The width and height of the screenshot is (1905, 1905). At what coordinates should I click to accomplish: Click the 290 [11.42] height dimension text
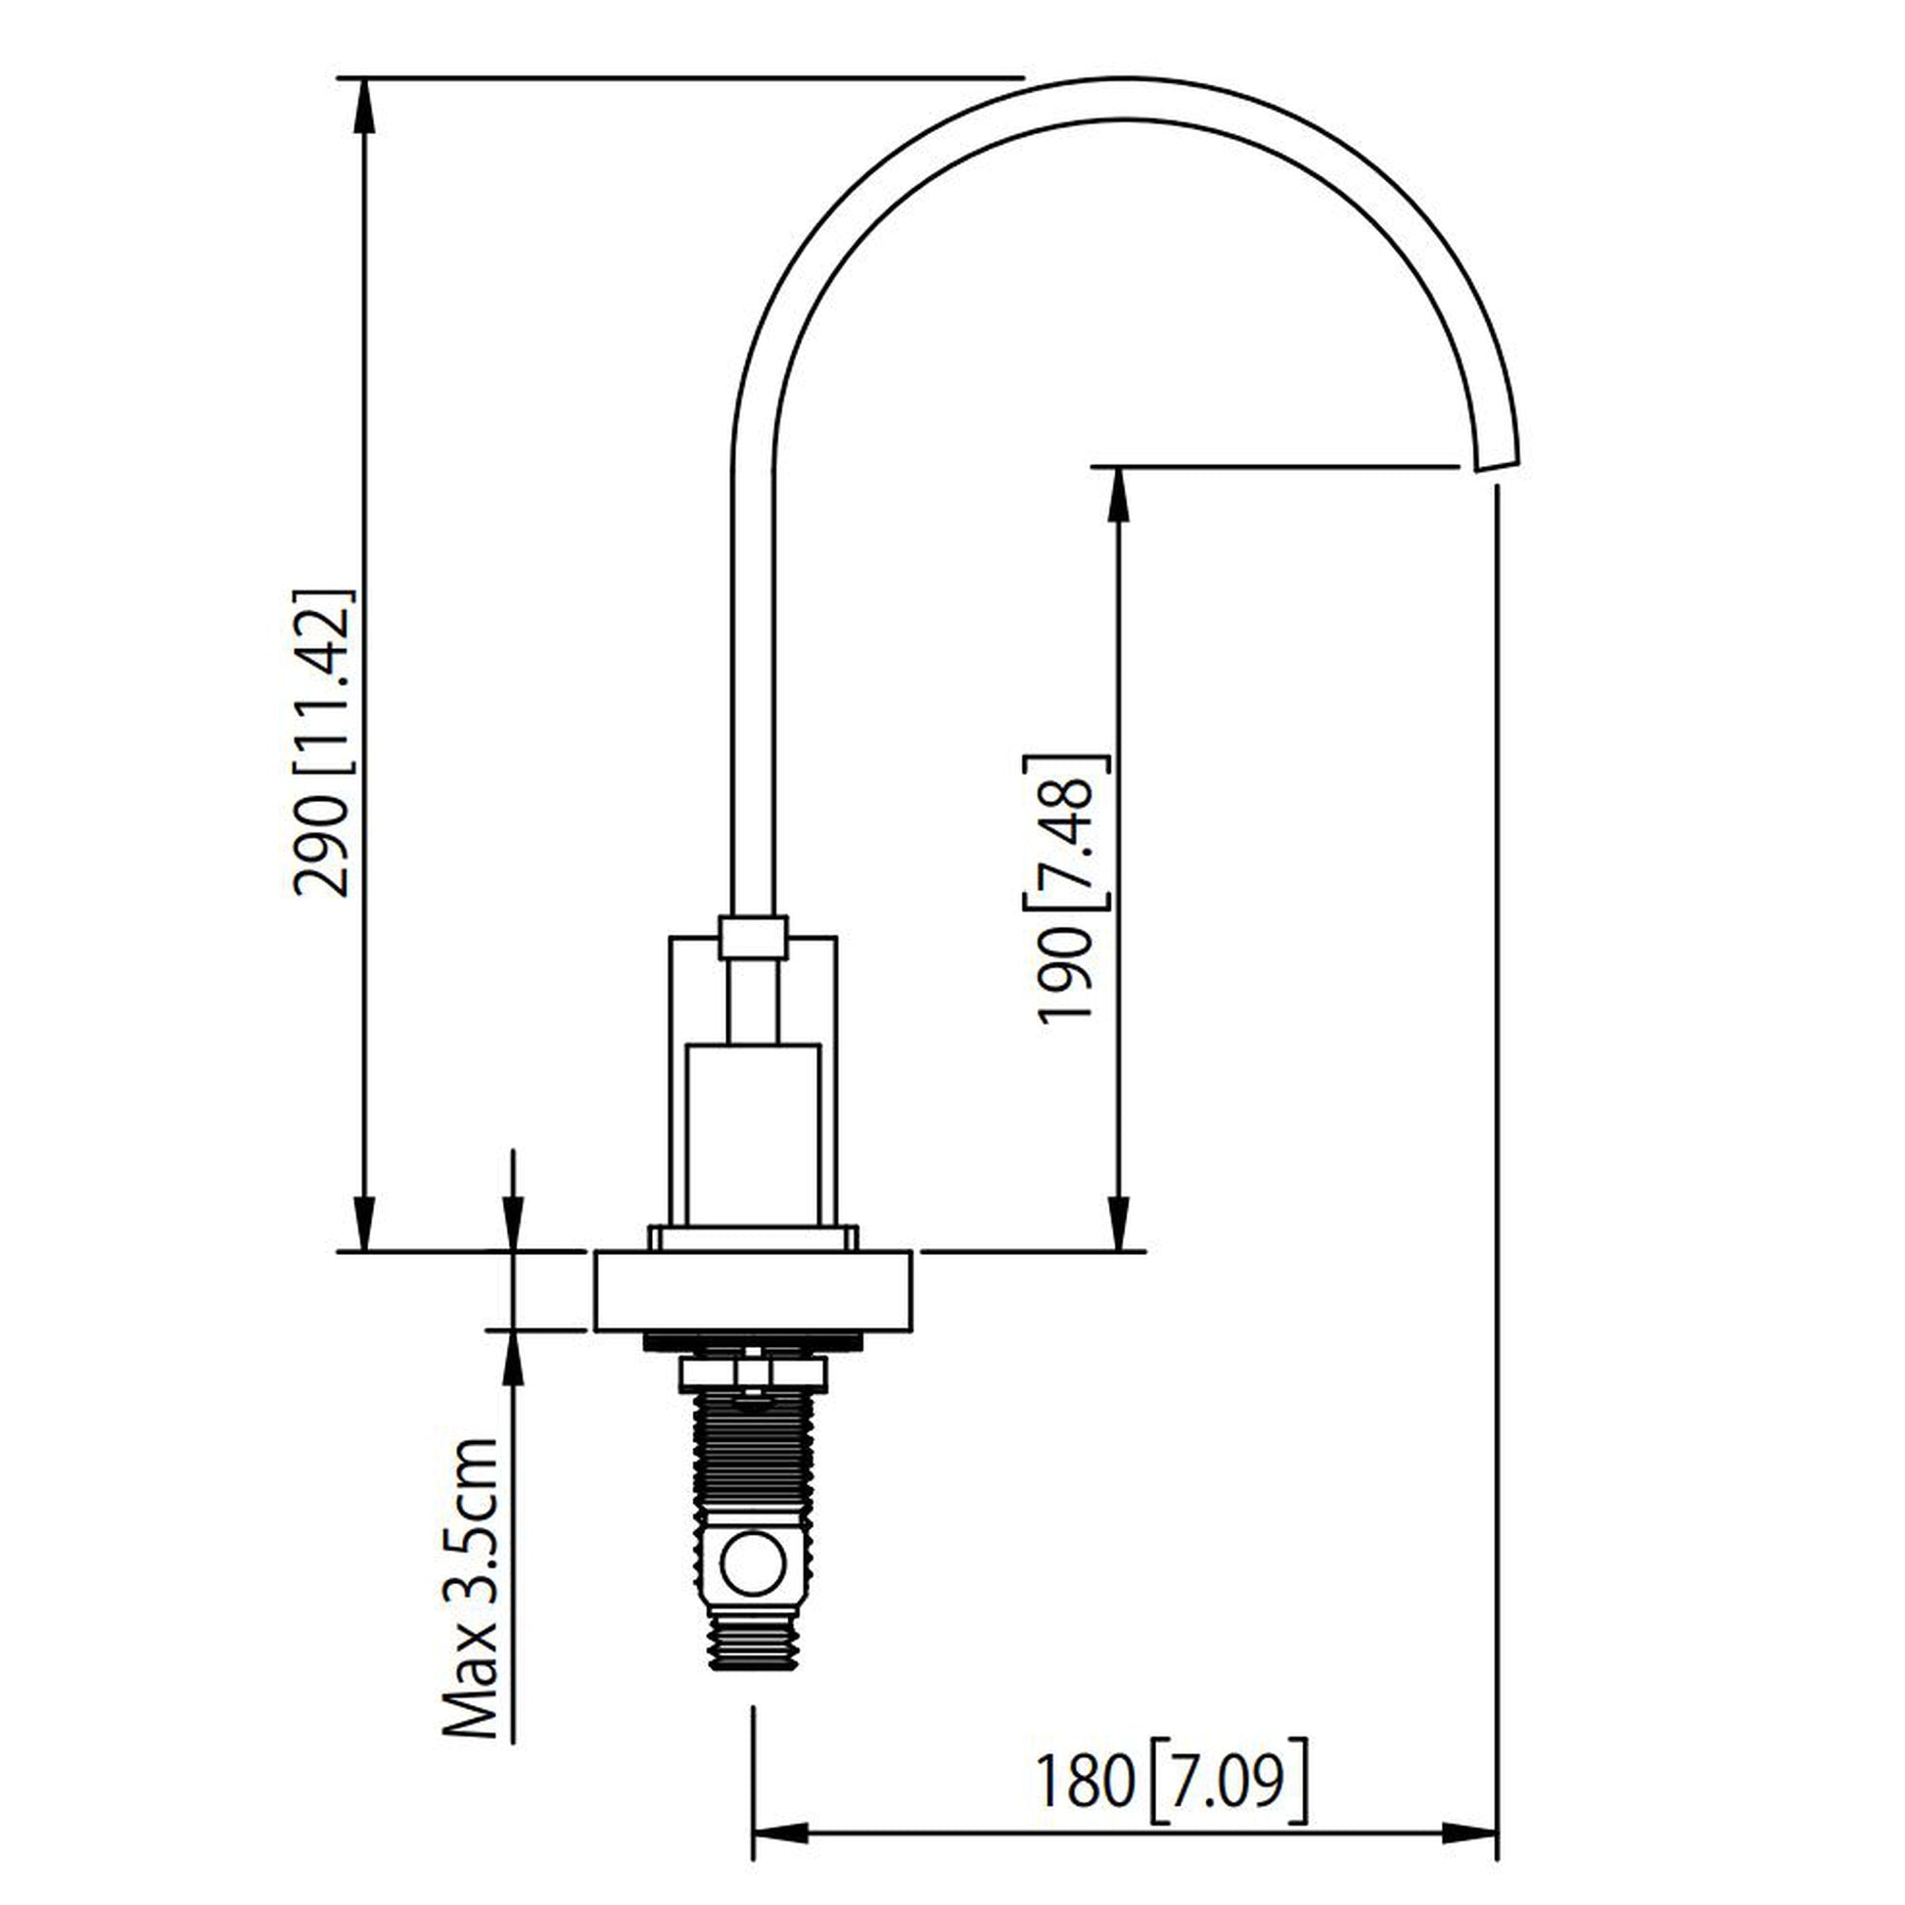tap(322, 743)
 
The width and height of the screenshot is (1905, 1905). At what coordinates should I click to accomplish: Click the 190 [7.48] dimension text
tap(1067, 890)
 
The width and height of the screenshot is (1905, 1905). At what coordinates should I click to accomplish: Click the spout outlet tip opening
tap(1496, 464)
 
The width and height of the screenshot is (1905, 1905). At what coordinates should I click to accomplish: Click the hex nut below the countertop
tap(753, 1374)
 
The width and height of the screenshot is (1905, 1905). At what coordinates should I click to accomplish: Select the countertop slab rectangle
tap(753, 1290)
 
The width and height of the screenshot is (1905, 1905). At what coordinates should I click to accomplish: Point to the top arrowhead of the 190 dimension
tap(1118, 493)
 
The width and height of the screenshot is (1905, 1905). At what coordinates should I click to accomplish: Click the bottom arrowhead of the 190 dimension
tap(1118, 1226)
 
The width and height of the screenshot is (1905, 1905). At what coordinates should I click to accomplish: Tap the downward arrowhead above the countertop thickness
tap(514, 1226)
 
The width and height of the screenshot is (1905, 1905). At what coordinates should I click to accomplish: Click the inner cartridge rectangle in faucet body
tap(753, 1133)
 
